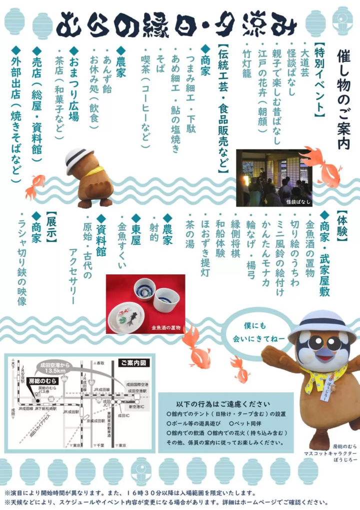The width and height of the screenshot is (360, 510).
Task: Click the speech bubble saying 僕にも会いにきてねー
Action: pos(258,332)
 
